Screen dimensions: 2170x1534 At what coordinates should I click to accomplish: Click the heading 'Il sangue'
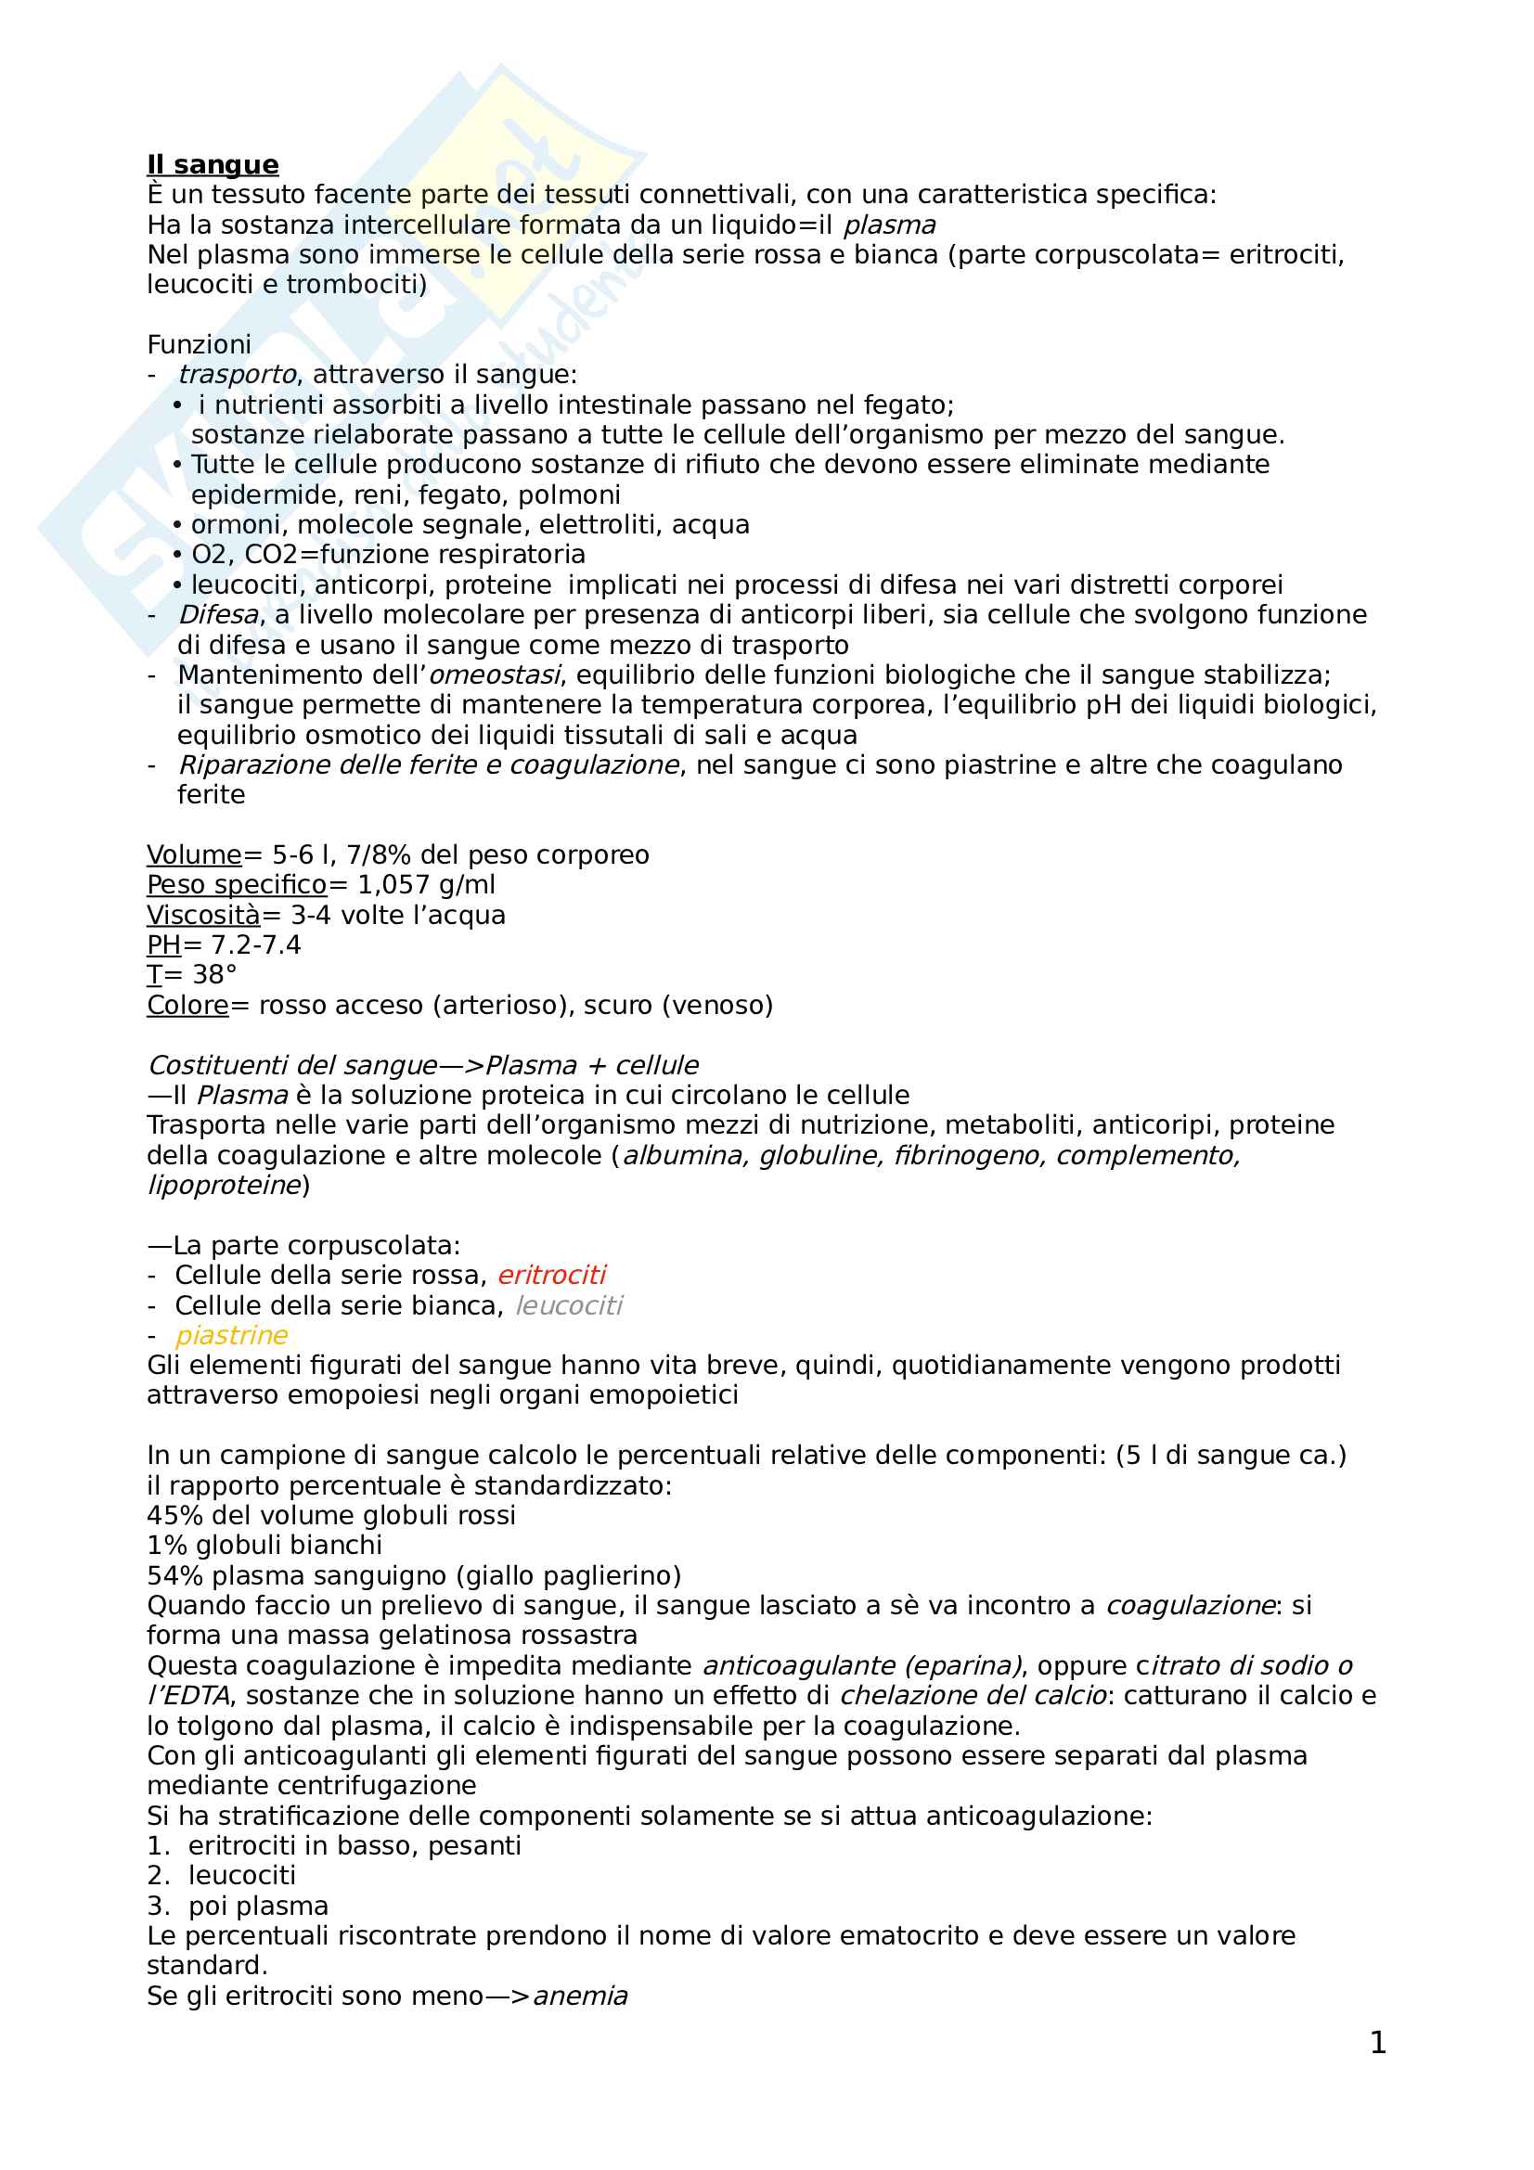[213, 164]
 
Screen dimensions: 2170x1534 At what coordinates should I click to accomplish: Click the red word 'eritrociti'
[551, 1275]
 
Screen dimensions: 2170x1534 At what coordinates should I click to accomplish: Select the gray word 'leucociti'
[568, 1305]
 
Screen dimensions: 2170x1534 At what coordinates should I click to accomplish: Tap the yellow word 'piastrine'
[232, 1335]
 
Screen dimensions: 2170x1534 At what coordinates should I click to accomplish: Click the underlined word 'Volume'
[194, 855]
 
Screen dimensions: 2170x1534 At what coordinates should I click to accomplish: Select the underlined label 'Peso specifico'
[237, 885]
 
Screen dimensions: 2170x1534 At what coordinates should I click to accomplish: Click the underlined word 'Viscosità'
[203, 915]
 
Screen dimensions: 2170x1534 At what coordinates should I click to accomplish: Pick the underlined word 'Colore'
[187, 1005]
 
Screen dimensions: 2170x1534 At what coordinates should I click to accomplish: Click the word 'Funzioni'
[199, 344]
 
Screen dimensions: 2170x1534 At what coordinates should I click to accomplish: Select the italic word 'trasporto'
[238, 375]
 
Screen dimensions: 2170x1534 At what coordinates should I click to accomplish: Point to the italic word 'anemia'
[580, 1997]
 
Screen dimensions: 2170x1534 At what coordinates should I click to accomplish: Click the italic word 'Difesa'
[218, 615]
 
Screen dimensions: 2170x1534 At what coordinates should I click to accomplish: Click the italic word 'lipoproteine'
[223, 1185]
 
